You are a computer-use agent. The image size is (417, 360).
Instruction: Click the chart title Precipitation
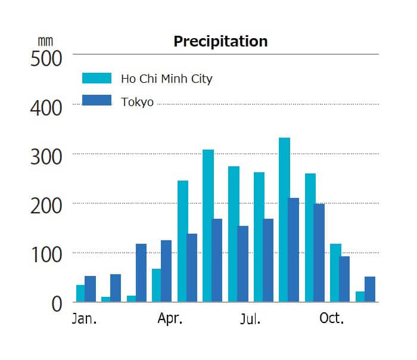pyautogui.click(x=220, y=41)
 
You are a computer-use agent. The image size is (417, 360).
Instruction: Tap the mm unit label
pyautogui.click(x=45, y=41)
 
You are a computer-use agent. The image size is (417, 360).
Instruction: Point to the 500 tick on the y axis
pyautogui.click(x=46, y=60)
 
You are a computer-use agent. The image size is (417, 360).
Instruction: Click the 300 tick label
pyautogui.click(x=46, y=158)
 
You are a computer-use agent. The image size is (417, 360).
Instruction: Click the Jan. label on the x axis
pyautogui.click(x=84, y=319)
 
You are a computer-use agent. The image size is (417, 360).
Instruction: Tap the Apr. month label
pyautogui.click(x=170, y=319)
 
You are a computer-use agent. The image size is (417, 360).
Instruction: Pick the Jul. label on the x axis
pyautogui.click(x=250, y=319)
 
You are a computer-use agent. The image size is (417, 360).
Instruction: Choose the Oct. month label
pyautogui.click(x=332, y=318)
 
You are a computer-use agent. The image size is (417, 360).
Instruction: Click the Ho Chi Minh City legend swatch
pyautogui.click(x=97, y=78)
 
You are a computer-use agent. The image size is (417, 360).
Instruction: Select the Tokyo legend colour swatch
pyautogui.click(x=97, y=101)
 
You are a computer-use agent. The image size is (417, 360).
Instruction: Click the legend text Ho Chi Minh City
pyautogui.click(x=166, y=79)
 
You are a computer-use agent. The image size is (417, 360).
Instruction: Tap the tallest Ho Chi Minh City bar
pyautogui.click(x=284, y=220)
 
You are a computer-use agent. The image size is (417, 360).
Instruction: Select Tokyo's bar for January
pyautogui.click(x=91, y=289)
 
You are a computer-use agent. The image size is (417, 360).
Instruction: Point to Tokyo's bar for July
pyautogui.click(x=268, y=260)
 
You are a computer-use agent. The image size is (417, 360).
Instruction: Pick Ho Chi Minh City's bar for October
pyautogui.click(x=335, y=273)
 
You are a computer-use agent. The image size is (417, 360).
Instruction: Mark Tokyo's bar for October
pyautogui.click(x=345, y=279)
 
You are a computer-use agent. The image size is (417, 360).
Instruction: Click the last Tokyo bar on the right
pyautogui.click(x=370, y=290)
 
